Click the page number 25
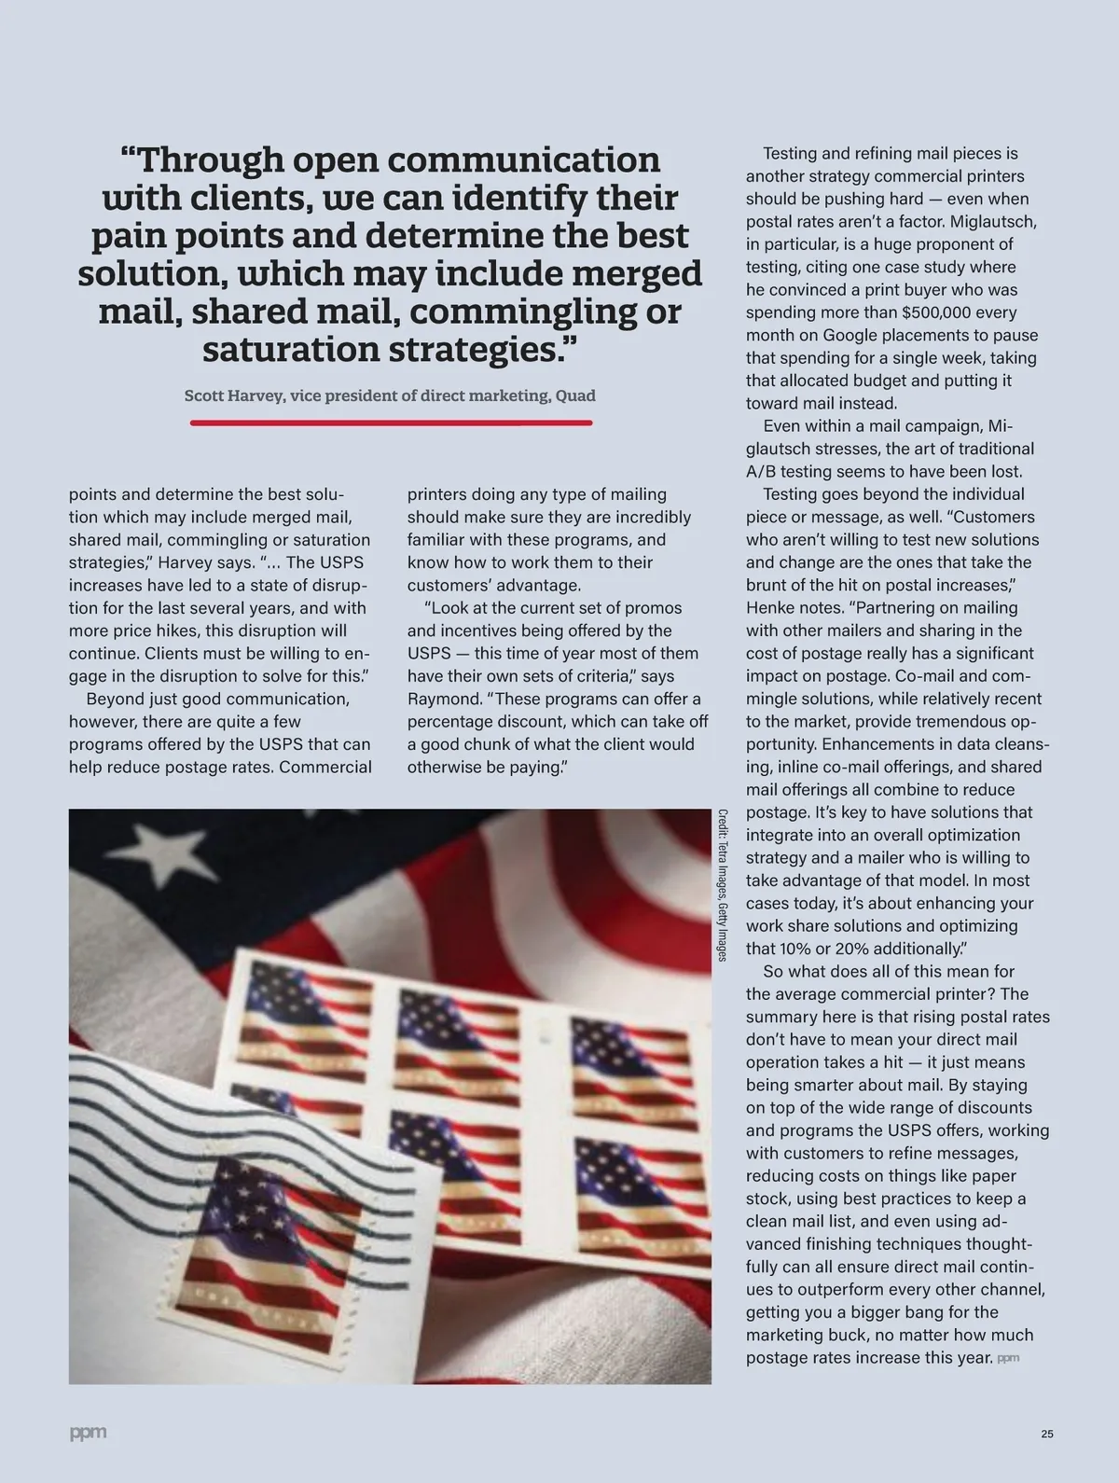(1047, 1434)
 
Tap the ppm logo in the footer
(88, 1432)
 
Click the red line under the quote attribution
(391, 423)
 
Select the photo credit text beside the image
(722, 884)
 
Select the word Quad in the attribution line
(575, 395)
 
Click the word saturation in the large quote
(289, 350)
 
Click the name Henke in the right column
(770, 608)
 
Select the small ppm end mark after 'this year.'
(1008, 1358)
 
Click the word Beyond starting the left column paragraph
(115, 699)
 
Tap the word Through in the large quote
(210, 160)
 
